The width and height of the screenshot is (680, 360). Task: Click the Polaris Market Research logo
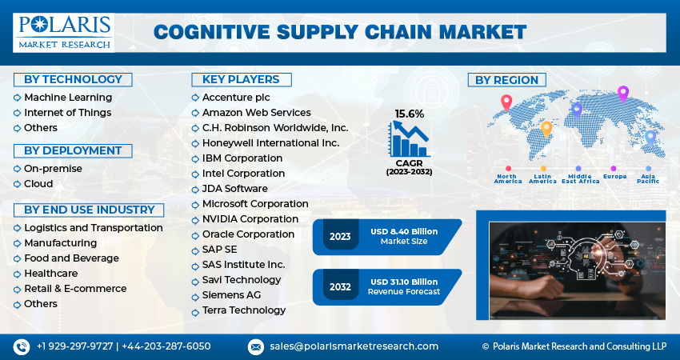click(63, 32)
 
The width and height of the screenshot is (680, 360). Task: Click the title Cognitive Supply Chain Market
click(340, 32)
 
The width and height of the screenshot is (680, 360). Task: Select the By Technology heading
click(73, 79)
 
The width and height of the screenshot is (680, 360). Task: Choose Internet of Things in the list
click(67, 112)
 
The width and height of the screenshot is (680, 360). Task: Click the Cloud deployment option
click(38, 183)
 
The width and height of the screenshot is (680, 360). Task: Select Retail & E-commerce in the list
click(75, 289)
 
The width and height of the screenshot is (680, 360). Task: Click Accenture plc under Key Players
click(237, 97)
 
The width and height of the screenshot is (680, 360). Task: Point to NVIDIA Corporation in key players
click(250, 219)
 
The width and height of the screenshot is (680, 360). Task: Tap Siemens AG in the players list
click(231, 295)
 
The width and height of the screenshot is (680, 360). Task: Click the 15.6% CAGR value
click(409, 114)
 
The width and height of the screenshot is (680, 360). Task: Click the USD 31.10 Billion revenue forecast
click(404, 282)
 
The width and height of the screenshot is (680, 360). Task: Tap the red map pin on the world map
click(506, 102)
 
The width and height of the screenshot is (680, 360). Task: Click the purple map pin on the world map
click(623, 93)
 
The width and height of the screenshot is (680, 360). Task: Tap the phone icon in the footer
click(21, 346)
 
